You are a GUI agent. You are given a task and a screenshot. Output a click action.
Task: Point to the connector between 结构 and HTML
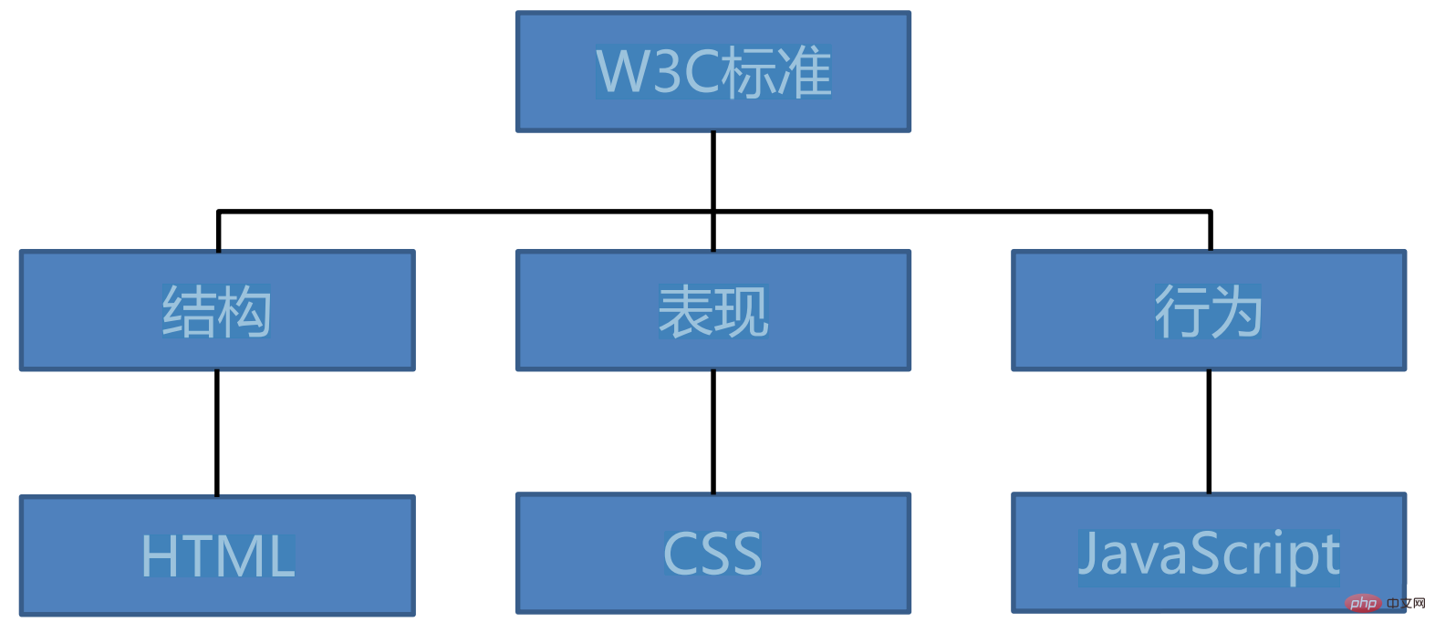point(217,433)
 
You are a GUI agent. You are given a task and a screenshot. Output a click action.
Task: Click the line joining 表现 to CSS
point(713,431)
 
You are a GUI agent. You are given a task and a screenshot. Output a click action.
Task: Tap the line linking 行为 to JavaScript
point(1209,431)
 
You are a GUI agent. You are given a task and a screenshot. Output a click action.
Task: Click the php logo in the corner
point(1364,603)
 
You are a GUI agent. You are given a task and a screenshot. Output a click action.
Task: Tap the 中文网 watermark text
point(1405,603)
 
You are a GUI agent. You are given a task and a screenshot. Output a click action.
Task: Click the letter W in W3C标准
point(624,72)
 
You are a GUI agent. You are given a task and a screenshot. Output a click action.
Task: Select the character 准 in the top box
point(804,72)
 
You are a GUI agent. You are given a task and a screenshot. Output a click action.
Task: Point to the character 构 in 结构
point(244,312)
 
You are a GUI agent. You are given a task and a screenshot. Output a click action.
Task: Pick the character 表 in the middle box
point(685,312)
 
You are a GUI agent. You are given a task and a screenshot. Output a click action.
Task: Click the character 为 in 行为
point(1236,312)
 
